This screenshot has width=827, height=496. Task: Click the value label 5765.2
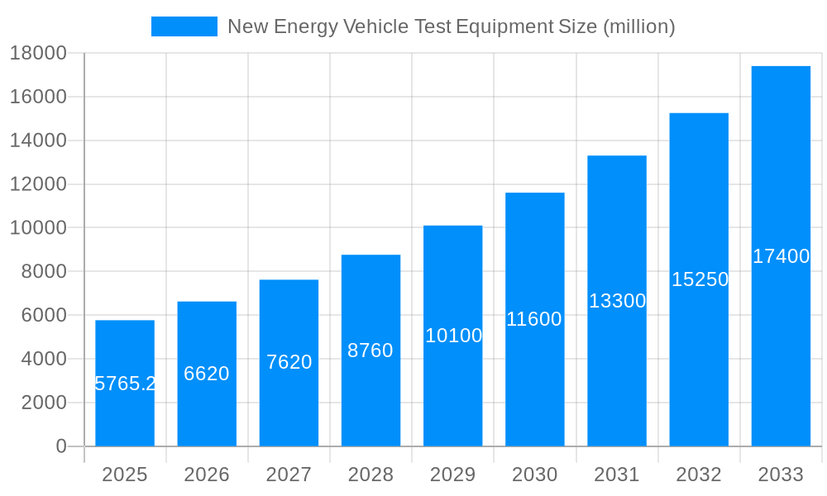click(126, 384)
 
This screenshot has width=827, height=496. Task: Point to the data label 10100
click(453, 336)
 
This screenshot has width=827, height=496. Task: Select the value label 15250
click(700, 279)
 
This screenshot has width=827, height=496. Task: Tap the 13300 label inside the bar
click(617, 301)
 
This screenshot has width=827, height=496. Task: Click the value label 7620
click(289, 362)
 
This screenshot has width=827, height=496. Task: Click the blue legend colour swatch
click(184, 26)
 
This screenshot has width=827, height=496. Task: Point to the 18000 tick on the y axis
click(38, 54)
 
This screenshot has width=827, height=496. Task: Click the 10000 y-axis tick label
click(38, 228)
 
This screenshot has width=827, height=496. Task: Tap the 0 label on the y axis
click(60, 446)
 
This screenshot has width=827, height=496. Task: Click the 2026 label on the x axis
click(207, 475)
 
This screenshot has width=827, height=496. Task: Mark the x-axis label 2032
click(699, 475)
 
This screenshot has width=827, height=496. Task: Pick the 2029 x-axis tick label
click(452, 475)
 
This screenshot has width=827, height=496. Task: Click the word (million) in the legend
click(638, 26)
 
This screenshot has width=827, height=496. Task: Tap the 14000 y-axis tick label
click(38, 141)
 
